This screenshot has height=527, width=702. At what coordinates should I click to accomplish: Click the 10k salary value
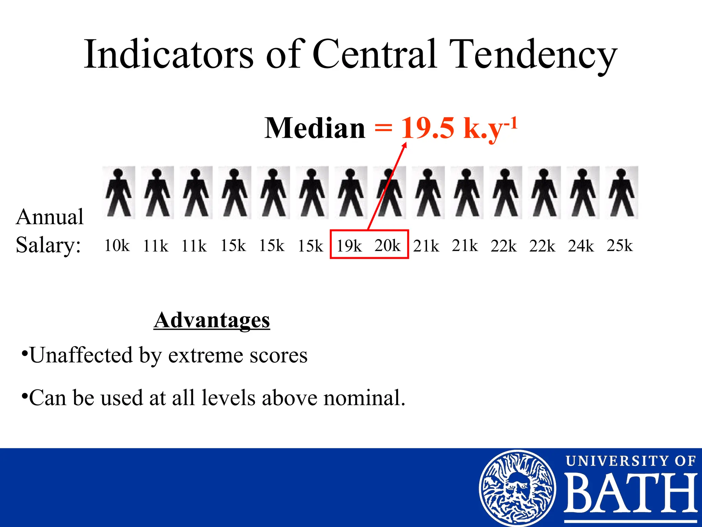coord(117,246)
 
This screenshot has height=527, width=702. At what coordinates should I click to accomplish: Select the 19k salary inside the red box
coord(349,246)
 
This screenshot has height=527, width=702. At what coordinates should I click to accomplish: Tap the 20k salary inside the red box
coord(387,246)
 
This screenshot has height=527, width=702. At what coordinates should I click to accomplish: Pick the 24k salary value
coord(581,246)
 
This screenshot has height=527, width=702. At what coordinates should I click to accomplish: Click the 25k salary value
coord(619,246)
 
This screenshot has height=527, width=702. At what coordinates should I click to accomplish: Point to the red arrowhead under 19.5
coord(404,145)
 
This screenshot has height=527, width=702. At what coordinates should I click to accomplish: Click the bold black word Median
coord(315,128)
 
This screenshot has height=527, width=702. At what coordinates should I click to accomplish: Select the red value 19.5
coord(428,128)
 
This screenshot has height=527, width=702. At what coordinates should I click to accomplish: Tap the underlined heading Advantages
coord(212,320)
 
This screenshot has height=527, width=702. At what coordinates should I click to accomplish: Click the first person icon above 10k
coord(119,192)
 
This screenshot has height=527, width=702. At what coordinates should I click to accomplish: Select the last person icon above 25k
coord(621,192)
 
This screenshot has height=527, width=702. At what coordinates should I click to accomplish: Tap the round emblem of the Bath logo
coord(517,488)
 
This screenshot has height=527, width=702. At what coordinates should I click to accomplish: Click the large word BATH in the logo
coord(631,493)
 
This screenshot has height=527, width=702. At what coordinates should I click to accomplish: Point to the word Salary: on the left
coord(48,245)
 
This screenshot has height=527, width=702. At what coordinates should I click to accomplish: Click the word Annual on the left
coord(50,217)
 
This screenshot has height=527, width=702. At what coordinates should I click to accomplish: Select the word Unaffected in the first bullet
coord(81,355)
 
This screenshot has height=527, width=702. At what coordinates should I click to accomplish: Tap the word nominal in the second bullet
coord(364,398)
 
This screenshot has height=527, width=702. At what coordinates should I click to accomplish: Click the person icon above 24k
coord(583,192)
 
